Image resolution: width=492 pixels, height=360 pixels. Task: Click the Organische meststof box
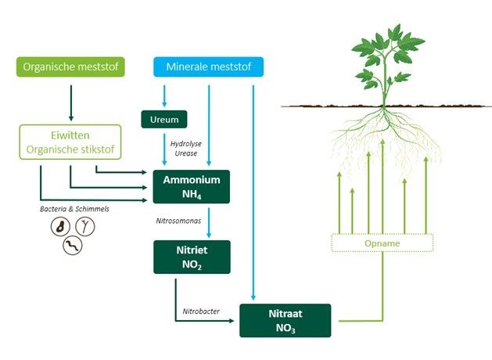71,67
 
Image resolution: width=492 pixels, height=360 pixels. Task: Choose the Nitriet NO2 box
192,256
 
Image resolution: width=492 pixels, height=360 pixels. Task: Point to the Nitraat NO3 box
285,320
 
